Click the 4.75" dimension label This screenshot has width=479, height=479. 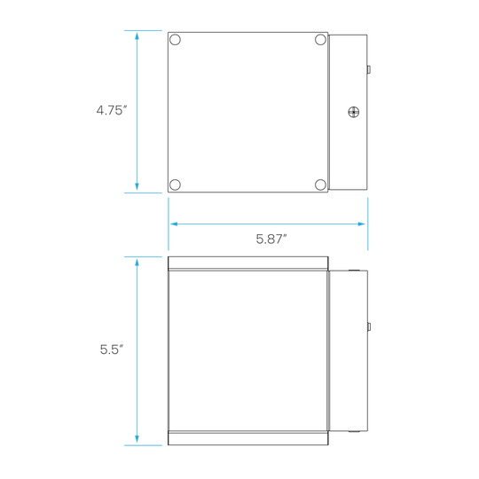112,110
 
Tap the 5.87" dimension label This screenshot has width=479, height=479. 271,239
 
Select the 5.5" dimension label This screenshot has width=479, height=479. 112,349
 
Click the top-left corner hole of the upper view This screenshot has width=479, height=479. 175,40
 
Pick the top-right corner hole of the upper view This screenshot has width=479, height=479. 320,40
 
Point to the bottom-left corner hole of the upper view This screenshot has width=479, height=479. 175,185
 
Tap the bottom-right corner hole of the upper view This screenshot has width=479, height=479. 320,185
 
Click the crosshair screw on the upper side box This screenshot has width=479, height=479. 354,112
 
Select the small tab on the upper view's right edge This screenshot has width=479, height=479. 369,70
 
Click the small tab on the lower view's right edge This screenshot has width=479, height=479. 369,326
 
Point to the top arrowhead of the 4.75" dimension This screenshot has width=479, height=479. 137,36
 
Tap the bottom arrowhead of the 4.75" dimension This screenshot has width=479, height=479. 137,187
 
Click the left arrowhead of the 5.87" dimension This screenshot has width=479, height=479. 174,224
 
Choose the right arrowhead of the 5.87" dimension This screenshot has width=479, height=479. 362,224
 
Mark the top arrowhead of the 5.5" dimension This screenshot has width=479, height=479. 137,263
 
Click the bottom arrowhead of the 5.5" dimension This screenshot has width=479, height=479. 137,439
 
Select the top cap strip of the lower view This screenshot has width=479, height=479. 248,263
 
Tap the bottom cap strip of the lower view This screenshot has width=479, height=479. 248,438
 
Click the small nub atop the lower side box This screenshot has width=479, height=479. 354,270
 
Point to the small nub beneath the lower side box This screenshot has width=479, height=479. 354,432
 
